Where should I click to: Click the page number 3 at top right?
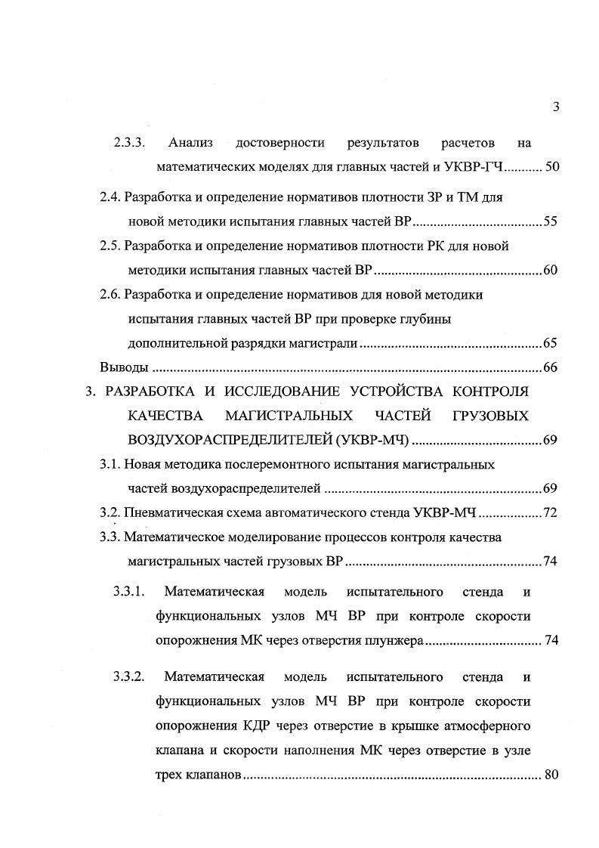pos(555,107)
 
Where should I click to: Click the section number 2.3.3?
pos(129,142)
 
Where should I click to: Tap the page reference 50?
pos(551,166)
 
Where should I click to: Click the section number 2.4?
pos(110,197)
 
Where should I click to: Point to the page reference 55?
pos(550,221)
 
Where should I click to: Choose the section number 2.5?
pos(110,246)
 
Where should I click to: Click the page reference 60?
pos(550,270)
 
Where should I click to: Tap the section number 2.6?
pos(110,294)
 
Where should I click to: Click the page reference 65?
pos(550,343)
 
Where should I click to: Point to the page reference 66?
pos(550,367)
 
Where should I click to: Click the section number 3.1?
pos(110,464)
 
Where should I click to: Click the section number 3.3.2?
pos(129,676)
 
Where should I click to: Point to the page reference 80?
pos(550,774)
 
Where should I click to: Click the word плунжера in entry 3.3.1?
pos(396,640)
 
